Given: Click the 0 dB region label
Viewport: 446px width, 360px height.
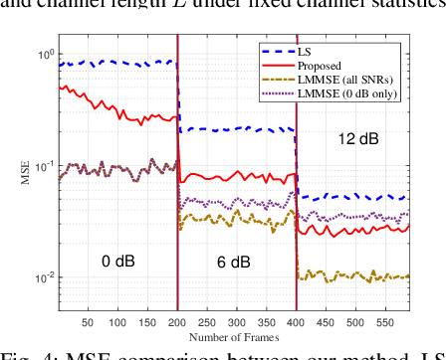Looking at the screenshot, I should (x=116, y=262).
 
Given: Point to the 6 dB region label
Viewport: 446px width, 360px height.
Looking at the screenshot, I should (x=235, y=262).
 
